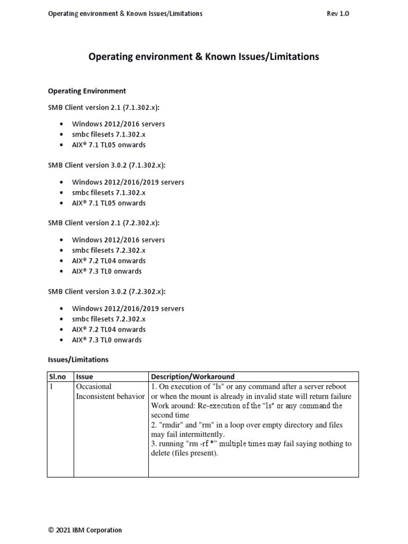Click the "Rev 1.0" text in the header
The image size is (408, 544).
[338, 14]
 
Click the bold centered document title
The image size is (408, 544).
[203, 56]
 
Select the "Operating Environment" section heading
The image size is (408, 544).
[87, 91]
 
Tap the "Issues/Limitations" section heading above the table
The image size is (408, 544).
[78, 360]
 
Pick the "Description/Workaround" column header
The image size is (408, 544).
[193, 377]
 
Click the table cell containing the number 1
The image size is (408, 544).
[52, 387]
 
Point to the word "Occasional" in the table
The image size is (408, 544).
[94, 387]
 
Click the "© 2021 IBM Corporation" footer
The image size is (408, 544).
[85, 530]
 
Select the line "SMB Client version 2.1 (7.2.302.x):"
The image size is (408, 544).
[104, 223]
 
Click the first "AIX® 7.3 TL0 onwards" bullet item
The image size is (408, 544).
[107, 271]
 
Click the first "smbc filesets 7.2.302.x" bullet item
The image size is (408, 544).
[109, 250]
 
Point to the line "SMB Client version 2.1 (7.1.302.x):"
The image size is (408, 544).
[104, 107]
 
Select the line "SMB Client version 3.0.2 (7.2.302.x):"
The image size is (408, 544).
[107, 292]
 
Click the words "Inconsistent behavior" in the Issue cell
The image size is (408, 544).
[110, 396]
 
